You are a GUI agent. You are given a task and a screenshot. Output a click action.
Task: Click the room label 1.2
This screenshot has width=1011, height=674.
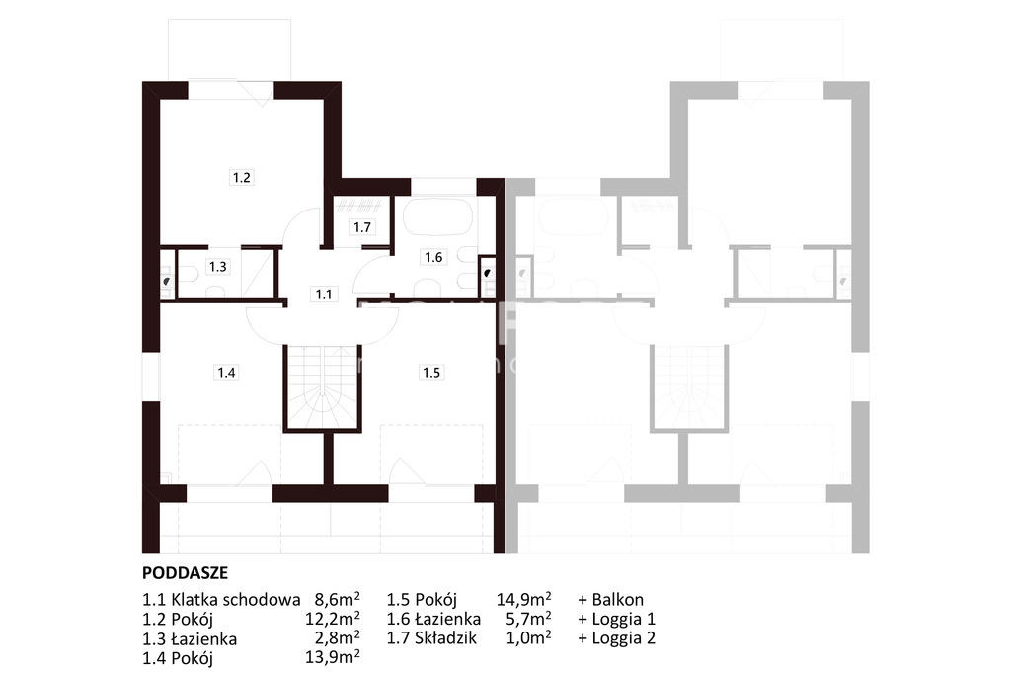click(x=242, y=178)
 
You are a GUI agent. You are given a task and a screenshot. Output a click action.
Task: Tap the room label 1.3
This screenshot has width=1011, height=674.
click(x=218, y=266)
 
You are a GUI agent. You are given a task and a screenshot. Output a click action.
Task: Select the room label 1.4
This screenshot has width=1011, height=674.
click(x=226, y=372)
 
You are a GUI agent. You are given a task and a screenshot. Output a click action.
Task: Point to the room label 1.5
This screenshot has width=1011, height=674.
click(x=431, y=372)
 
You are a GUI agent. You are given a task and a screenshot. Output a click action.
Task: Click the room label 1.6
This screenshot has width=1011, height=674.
click(x=433, y=257)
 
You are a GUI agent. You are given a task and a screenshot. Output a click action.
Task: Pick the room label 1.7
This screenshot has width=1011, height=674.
click(x=362, y=227)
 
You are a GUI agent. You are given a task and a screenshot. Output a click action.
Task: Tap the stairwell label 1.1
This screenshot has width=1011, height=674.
click(x=324, y=295)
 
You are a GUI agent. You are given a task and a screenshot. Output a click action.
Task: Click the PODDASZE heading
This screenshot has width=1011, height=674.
click(x=185, y=572)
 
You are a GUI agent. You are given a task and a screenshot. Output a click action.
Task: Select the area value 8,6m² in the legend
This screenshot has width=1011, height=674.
click(x=337, y=599)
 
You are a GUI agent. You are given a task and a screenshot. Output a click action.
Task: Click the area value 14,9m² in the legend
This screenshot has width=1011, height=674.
click(x=523, y=599)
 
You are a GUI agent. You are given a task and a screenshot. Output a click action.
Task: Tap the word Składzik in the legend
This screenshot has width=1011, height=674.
click(x=446, y=638)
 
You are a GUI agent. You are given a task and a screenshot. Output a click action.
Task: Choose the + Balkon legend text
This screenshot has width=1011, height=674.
click(x=610, y=599)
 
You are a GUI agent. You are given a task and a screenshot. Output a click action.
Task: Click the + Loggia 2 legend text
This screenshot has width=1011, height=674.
click(x=616, y=638)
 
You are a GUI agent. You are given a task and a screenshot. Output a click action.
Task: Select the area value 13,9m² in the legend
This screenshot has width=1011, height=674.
click(x=332, y=657)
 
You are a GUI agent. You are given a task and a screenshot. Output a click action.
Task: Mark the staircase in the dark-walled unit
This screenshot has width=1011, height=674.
click(x=323, y=386)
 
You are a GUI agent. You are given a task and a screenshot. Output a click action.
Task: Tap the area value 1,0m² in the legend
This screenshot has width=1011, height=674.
click(x=529, y=638)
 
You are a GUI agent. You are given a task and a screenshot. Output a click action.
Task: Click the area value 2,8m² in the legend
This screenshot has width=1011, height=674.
click(x=337, y=638)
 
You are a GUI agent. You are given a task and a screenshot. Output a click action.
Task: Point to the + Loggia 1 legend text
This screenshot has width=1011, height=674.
click(x=616, y=619)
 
